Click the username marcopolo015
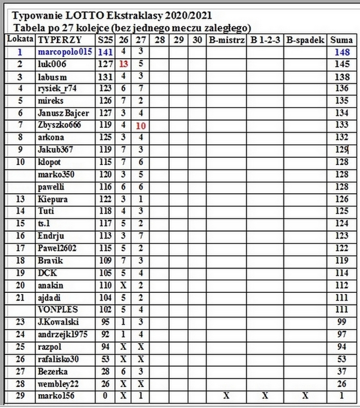(63, 52)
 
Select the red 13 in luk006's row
(124, 64)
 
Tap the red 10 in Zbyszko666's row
(140, 125)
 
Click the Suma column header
(341, 40)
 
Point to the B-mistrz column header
(225, 40)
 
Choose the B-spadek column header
(305, 40)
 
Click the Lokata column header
(20, 40)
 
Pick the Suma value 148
(341, 52)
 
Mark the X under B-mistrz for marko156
(226, 396)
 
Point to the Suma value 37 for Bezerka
(341, 372)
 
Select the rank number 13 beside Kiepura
(20, 199)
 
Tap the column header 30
(197, 40)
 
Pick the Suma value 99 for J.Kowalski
(341, 322)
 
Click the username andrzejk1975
(63, 335)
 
